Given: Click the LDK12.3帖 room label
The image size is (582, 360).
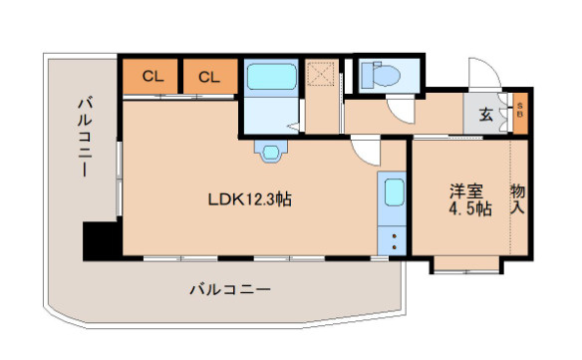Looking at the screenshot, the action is (x=249, y=199).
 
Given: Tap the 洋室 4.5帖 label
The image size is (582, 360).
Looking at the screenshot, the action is (x=470, y=199).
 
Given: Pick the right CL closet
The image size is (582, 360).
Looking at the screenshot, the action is (x=210, y=76).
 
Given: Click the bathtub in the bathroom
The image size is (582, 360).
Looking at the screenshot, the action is (x=272, y=77).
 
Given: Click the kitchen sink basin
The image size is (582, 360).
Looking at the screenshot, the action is (x=394, y=192).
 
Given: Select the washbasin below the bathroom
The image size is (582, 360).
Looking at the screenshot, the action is (x=271, y=152).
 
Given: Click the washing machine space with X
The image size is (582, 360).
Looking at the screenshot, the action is (x=320, y=74).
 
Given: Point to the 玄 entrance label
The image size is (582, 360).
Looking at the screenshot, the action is (x=486, y=114).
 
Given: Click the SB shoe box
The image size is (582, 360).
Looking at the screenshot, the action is (x=520, y=111).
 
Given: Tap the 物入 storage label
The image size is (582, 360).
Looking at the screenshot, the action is (x=518, y=199).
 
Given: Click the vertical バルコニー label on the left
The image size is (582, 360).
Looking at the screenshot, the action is (x=86, y=137).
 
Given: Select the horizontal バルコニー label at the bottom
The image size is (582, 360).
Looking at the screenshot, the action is (x=230, y=288).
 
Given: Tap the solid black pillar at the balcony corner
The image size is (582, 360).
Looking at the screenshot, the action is (x=102, y=240).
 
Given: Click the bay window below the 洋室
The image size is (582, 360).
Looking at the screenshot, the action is (x=466, y=265).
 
